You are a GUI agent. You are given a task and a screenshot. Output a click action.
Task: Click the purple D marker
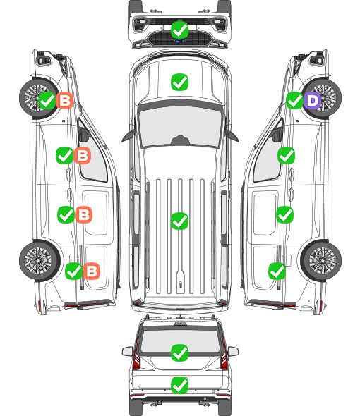(x=313, y=100)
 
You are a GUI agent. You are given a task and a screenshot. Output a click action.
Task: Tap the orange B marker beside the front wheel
(x=64, y=100)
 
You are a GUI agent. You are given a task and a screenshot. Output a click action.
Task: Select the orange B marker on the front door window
(x=83, y=155)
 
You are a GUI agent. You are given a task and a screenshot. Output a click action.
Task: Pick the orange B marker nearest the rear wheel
(x=92, y=271)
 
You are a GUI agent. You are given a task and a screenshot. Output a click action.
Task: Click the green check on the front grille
(x=179, y=30)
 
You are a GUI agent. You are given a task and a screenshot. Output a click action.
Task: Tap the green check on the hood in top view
(x=179, y=82)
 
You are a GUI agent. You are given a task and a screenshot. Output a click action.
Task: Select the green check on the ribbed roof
(x=179, y=221)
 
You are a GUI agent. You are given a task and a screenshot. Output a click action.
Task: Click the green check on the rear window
(x=179, y=353)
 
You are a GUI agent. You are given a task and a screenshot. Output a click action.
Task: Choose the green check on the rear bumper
(x=179, y=385)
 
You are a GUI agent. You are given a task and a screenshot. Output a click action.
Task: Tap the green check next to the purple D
(x=295, y=100)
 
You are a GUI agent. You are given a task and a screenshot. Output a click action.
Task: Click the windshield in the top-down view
(x=180, y=127)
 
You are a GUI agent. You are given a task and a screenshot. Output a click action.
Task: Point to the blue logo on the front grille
(x=179, y=41)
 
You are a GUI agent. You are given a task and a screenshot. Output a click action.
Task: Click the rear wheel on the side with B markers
(x=40, y=260)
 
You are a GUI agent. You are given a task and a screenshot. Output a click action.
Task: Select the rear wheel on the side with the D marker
(x=321, y=260)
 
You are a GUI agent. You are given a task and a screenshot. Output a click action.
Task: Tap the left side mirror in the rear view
(x=127, y=352)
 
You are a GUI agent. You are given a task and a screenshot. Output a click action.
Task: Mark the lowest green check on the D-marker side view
(x=277, y=271)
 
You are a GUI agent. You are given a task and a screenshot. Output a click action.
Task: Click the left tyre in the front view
(x=135, y=7)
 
